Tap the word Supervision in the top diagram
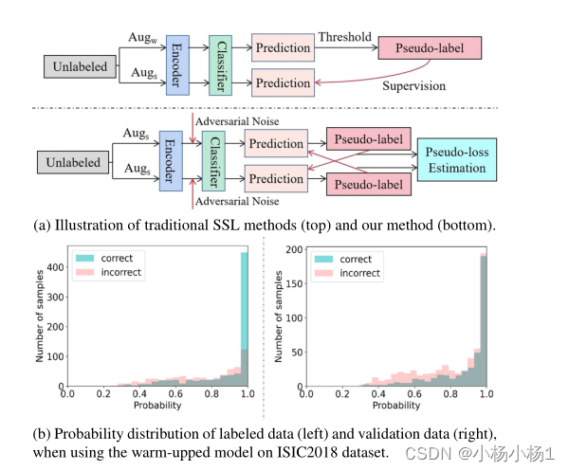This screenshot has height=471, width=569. pos(413,85)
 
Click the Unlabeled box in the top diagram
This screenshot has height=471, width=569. pos(79,66)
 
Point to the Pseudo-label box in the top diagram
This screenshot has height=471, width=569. pos(430,47)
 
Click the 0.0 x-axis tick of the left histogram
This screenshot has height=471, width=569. pos(68,392)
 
